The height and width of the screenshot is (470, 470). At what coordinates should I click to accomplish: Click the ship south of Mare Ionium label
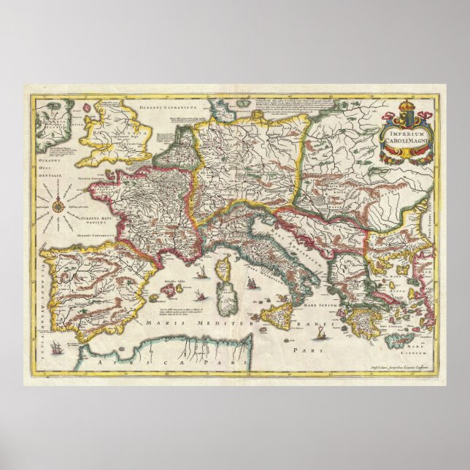click(322, 320)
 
